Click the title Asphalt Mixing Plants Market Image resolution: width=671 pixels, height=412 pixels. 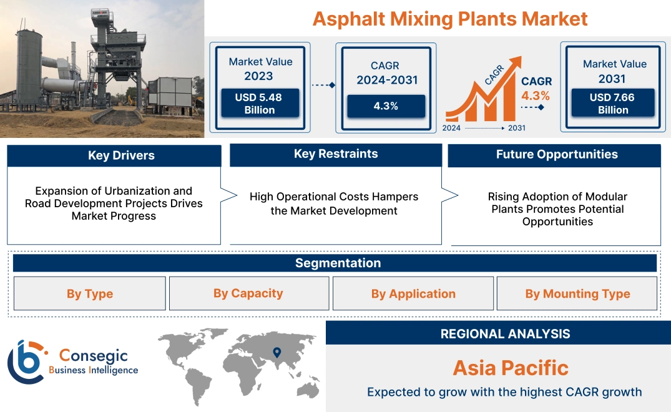pyautogui.click(x=449, y=19)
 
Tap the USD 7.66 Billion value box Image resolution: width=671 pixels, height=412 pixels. pyautogui.click(x=613, y=103)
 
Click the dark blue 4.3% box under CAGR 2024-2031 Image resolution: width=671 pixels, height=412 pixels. pyautogui.click(x=386, y=106)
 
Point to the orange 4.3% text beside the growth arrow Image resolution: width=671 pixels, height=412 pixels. pyautogui.click(x=536, y=96)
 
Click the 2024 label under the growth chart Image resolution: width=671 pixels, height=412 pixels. pyautogui.click(x=452, y=128)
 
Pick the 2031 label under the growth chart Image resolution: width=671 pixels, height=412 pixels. pyautogui.click(x=516, y=128)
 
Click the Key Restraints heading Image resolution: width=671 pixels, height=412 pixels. pyautogui.click(x=336, y=154)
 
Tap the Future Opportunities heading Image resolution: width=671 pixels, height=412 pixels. pyautogui.click(x=556, y=155)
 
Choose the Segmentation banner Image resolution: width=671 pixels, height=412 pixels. pyautogui.click(x=337, y=263)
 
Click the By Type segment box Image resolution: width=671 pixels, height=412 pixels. pyautogui.click(x=90, y=293)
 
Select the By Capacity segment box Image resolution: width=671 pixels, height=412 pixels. pyautogui.click(x=248, y=293)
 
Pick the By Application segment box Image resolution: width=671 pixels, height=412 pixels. pyautogui.click(x=413, y=293)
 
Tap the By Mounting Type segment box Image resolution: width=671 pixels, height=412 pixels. pyautogui.click(x=577, y=293)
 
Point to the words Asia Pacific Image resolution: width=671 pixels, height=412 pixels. pyautogui.click(x=510, y=367)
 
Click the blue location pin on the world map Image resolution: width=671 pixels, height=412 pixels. pyautogui.click(x=277, y=353)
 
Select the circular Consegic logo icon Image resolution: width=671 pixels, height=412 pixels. pyautogui.click(x=25, y=361)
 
